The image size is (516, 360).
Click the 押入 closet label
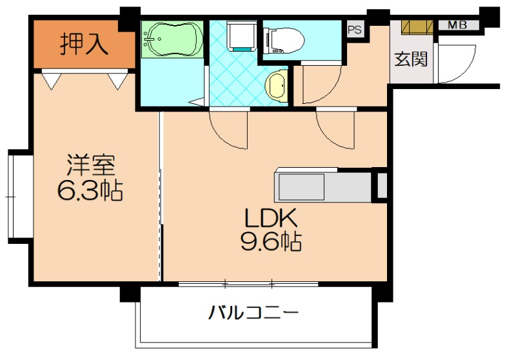click(83, 45)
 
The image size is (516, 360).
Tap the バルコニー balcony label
click(253, 314)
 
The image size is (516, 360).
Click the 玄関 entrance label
click(411, 59)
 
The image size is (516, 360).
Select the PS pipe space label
click(354, 30)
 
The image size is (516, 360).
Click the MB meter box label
click(457, 26)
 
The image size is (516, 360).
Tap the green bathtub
click(171, 39)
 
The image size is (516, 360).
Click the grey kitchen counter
click(322, 186)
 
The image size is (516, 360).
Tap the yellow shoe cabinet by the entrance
click(418, 27)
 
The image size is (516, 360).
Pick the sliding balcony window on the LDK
click(248, 283)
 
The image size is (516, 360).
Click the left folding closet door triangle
click(52, 79)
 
